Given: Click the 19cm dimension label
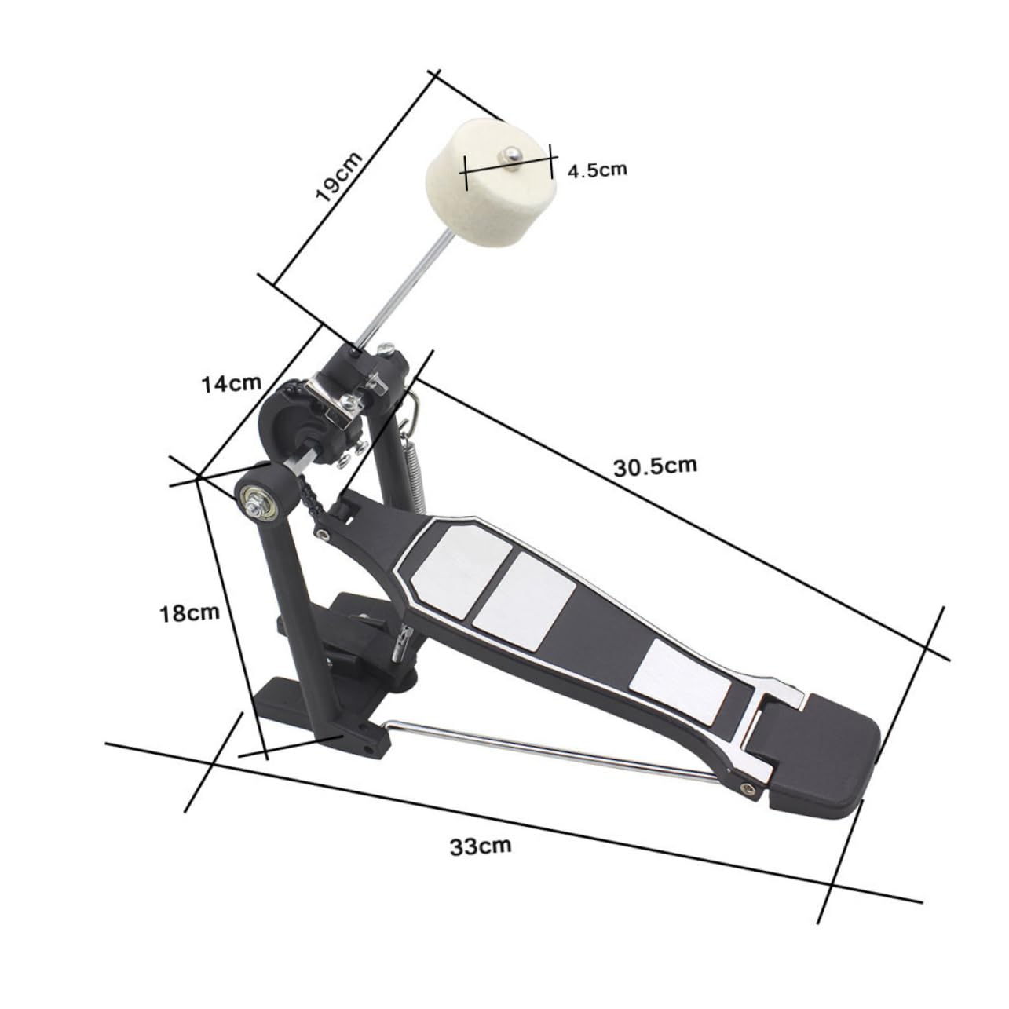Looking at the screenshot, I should tap(339, 177).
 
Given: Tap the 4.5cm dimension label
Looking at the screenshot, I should tap(598, 170).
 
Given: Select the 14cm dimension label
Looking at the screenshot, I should tap(230, 384).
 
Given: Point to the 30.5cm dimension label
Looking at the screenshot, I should tap(655, 467).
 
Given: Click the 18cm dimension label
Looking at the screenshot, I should tap(189, 612).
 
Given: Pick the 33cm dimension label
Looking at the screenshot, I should tap(481, 846).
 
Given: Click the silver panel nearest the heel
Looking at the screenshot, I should tap(682, 679).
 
